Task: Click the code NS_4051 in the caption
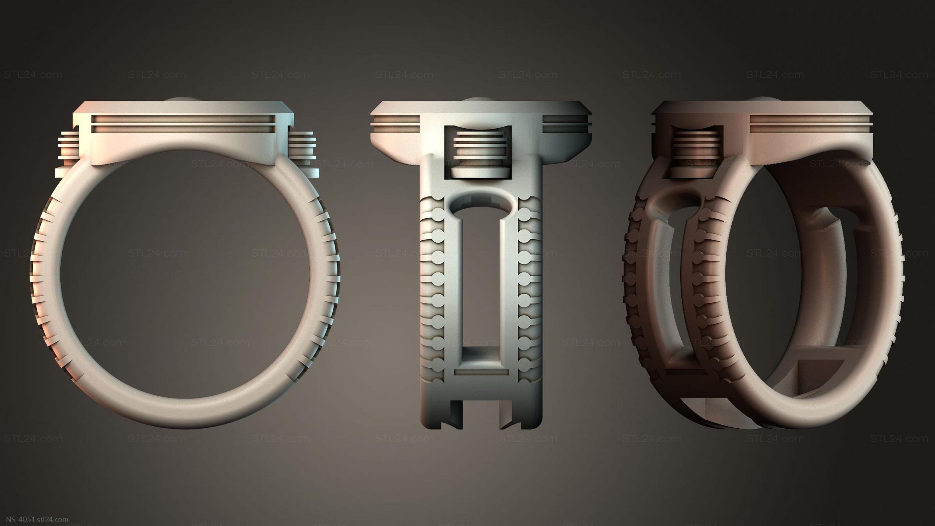[x=17, y=519]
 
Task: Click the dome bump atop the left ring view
[x=183, y=99]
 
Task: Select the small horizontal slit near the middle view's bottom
[x=481, y=372]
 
